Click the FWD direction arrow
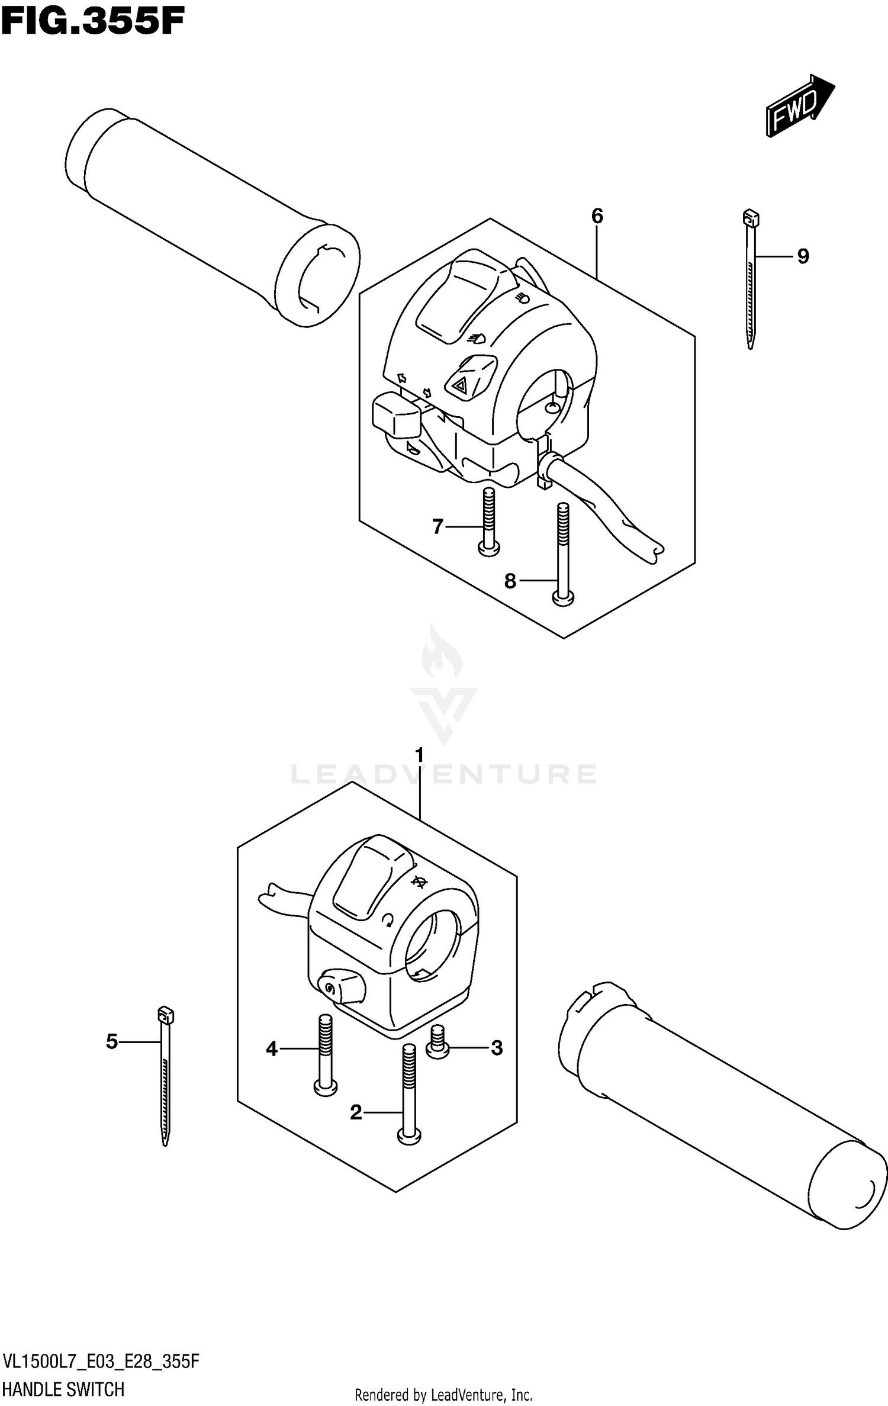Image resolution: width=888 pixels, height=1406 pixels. point(799,107)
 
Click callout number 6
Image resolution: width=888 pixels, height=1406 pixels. point(597,217)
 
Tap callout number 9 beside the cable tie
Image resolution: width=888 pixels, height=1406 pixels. point(803,256)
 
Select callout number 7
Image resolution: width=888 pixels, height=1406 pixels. point(437,526)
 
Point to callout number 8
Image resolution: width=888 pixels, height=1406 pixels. point(510,581)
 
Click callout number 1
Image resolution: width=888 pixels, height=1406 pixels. point(420,756)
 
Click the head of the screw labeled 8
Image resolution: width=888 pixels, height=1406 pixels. point(563,599)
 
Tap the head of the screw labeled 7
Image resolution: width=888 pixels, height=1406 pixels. point(488,549)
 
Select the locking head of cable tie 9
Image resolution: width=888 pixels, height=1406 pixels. point(750,218)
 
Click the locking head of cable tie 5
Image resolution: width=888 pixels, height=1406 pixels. point(165,1016)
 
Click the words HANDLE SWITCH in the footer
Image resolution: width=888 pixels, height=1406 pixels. point(64,1389)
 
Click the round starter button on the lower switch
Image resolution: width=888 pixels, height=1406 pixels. point(329,986)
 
